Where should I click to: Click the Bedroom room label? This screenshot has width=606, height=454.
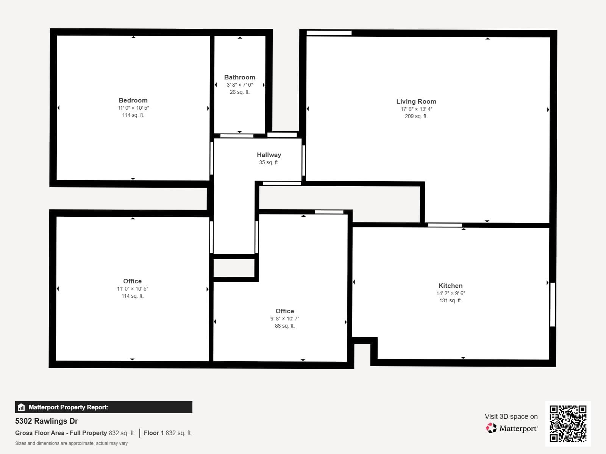[x=133, y=100]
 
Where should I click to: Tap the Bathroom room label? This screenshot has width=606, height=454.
[x=239, y=77]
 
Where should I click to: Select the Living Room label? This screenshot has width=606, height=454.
[x=416, y=101]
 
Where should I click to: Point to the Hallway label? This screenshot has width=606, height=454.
[x=269, y=155]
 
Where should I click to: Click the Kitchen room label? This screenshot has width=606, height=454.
[x=450, y=286]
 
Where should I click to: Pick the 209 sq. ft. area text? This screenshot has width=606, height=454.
[x=416, y=116]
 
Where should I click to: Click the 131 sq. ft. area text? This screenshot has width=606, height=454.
[x=450, y=300]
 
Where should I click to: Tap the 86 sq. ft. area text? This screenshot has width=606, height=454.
[x=284, y=326]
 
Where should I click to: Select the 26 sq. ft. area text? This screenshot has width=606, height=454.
[x=239, y=92]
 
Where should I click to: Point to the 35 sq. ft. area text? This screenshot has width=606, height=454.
[x=269, y=162]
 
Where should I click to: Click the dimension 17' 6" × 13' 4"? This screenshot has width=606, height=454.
[x=416, y=109]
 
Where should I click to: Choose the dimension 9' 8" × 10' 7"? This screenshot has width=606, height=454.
[x=284, y=319]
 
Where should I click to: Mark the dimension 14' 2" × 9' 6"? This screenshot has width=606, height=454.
[x=450, y=293]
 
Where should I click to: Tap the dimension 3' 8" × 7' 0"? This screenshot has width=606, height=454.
[x=239, y=85]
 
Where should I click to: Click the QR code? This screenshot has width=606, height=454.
[x=568, y=423]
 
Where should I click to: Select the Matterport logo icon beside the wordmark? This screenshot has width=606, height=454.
[x=491, y=428]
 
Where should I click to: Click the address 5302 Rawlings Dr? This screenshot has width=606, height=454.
[x=47, y=421]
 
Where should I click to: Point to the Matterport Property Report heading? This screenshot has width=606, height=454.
[x=68, y=407]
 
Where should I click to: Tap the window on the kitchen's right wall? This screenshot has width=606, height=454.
[x=553, y=304]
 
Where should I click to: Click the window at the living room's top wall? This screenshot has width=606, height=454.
[x=329, y=33]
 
